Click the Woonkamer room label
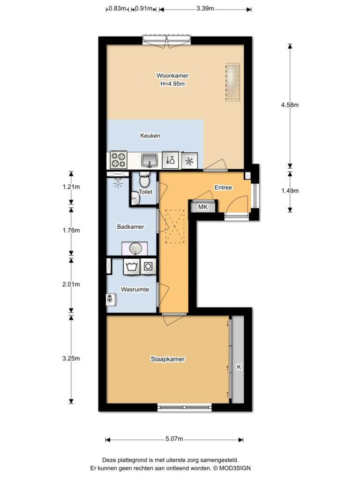[172, 75]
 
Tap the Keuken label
[150, 135]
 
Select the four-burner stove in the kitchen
[119, 160]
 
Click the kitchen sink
[150, 160]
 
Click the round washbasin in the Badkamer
[135, 248]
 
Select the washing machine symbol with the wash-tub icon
[132, 267]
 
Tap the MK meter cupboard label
[202, 207]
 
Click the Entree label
[223, 187]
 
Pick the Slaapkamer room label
[167, 359]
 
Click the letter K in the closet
[239, 367]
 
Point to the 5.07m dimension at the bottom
[174, 439]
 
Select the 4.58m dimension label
[290, 105]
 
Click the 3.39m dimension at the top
[205, 8]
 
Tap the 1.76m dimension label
[71, 231]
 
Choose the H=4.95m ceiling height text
[172, 84]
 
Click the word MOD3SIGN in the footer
[235, 468]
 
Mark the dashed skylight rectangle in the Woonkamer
[232, 82]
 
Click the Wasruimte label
[135, 290]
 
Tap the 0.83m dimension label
[117, 8]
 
